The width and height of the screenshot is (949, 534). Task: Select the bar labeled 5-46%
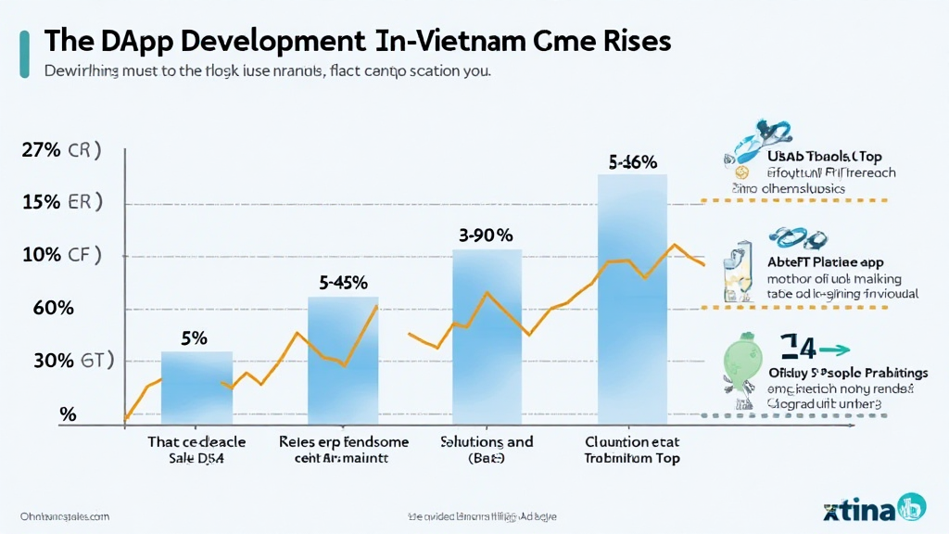(632, 297)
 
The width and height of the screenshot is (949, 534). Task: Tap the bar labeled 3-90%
(486, 334)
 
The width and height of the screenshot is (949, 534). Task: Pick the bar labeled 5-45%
(343, 357)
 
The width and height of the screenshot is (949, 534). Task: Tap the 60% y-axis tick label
(53, 309)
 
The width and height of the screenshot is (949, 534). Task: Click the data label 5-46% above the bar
(632, 161)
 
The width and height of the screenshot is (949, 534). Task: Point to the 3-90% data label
(486, 235)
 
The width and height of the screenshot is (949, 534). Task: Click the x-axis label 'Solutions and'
(487, 441)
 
